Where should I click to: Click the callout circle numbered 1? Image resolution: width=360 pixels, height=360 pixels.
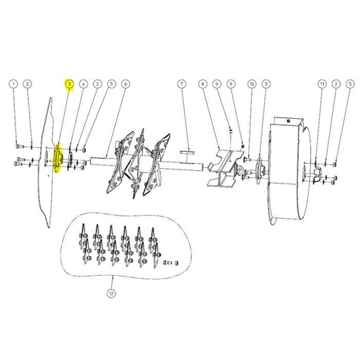(13, 84)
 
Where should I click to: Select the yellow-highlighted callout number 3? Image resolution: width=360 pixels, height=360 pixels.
(69, 84)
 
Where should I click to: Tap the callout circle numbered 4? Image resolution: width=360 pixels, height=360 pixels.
(83, 84)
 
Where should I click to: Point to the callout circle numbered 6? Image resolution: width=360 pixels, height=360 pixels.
(125, 84)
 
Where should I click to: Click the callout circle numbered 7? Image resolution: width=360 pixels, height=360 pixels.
(181, 84)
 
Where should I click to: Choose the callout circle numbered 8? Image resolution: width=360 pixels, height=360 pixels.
(203, 84)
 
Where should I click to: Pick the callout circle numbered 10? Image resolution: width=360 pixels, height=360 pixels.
(252, 84)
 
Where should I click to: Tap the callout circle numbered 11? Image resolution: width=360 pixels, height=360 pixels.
(321, 84)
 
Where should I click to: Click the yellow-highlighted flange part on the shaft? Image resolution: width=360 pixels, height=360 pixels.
(58, 158)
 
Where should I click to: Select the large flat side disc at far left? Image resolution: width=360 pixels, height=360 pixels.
(44, 162)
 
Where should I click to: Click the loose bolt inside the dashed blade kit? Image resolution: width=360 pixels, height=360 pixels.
(167, 263)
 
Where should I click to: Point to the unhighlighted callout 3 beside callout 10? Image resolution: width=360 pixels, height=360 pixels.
(266, 84)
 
